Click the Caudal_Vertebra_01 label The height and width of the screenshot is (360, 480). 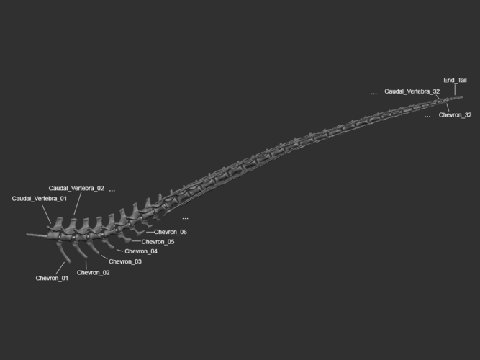(x=39, y=199)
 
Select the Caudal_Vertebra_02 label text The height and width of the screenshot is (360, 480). (x=76, y=188)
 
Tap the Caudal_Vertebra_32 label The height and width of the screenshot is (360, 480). (x=412, y=91)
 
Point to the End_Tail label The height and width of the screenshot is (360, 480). (x=456, y=80)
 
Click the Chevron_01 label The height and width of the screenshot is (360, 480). (x=52, y=278)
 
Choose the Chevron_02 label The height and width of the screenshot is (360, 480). (x=93, y=273)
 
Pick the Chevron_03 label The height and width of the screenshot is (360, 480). (x=125, y=261)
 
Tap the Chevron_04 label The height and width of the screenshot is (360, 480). (x=141, y=251)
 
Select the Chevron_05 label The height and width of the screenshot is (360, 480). (x=158, y=242)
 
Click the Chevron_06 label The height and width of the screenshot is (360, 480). (x=171, y=232)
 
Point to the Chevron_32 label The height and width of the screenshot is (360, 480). (x=456, y=115)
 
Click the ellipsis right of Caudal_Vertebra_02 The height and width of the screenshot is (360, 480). (x=112, y=191)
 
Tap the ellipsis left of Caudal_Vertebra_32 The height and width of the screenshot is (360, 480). (x=373, y=94)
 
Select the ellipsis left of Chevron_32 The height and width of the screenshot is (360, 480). (x=427, y=117)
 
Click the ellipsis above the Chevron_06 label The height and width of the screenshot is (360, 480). (x=185, y=219)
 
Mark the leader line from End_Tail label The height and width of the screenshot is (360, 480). (x=455, y=90)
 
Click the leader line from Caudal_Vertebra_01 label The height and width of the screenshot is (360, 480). (x=47, y=215)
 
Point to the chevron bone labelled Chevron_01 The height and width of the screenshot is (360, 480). (x=63, y=251)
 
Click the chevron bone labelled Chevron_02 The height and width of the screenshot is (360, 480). (x=80, y=250)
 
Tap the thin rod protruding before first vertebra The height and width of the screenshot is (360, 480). (x=37, y=235)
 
